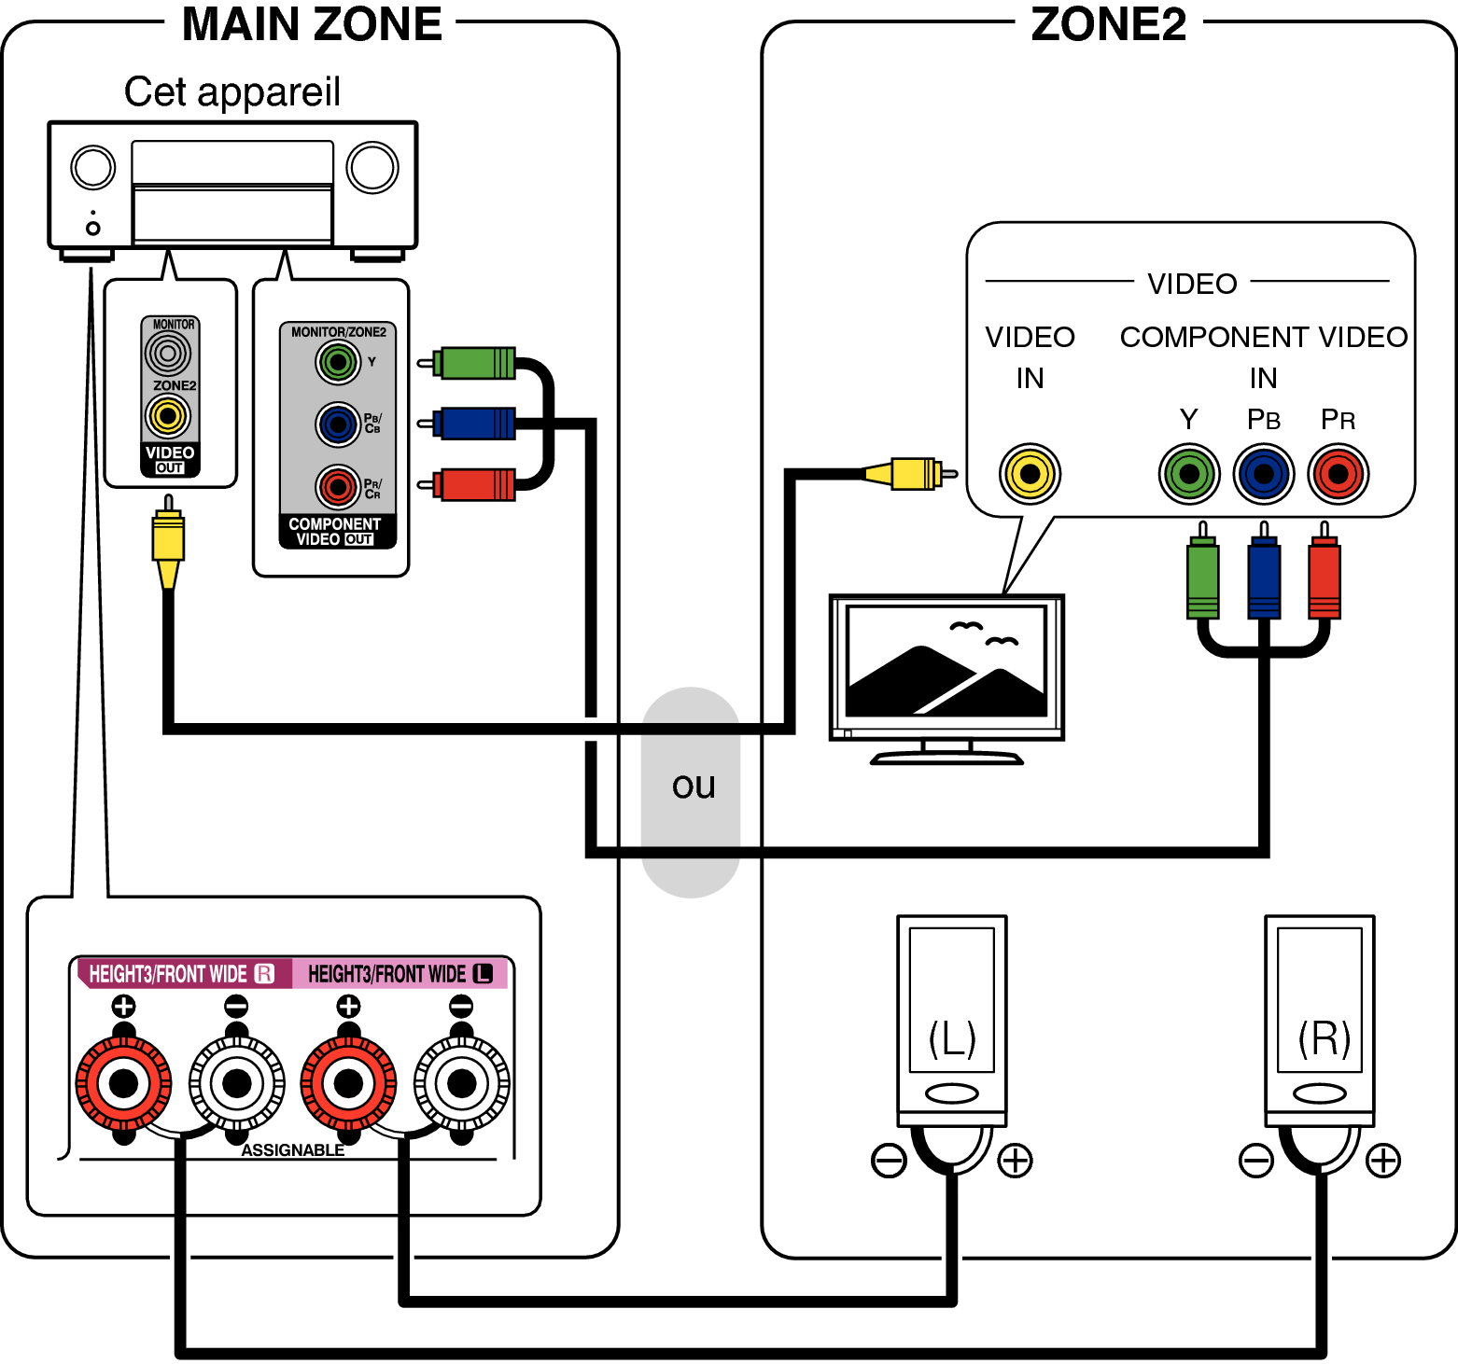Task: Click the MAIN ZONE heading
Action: click(x=311, y=25)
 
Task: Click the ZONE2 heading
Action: click(x=1108, y=25)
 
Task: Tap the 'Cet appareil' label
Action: click(x=231, y=92)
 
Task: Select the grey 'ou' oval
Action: click(x=692, y=791)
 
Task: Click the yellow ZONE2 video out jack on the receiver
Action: click(x=168, y=416)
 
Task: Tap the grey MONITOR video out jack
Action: click(x=168, y=354)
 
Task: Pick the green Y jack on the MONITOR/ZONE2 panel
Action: click(x=338, y=362)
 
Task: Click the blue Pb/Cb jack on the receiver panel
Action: click(x=338, y=425)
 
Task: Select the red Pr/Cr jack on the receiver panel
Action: click(x=338, y=486)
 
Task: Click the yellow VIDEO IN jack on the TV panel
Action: click(x=1030, y=474)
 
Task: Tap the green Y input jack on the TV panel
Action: click(x=1188, y=474)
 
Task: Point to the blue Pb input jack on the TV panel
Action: click(x=1263, y=474)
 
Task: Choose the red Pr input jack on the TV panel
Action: click(x=1338, y=474)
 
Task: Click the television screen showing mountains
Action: click(x=946, y=661)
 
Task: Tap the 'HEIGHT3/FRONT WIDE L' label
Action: click(x=400, y=974)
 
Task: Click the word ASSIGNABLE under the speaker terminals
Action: click(x=292, y=1150)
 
